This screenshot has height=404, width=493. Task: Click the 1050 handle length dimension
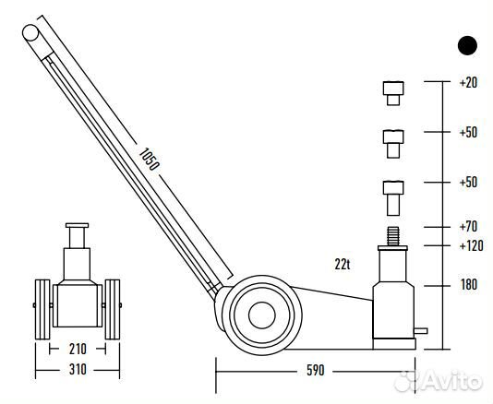(x=149, y=159)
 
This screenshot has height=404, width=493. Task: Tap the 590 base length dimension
(x=315, y=371)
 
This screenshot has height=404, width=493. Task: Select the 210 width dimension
(x=78, y=350)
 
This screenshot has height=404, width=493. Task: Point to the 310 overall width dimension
(x=78, y=370)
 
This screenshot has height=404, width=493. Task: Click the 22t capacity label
(x=343, y=265)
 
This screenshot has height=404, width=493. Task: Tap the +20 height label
(x=468, y=83)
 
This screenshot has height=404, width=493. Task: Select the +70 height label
(x=468, y=227)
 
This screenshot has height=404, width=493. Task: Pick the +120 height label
(x=472, y=245)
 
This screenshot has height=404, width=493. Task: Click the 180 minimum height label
(x=469, y=285)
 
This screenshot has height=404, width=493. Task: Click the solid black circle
(x=467, y=45)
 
